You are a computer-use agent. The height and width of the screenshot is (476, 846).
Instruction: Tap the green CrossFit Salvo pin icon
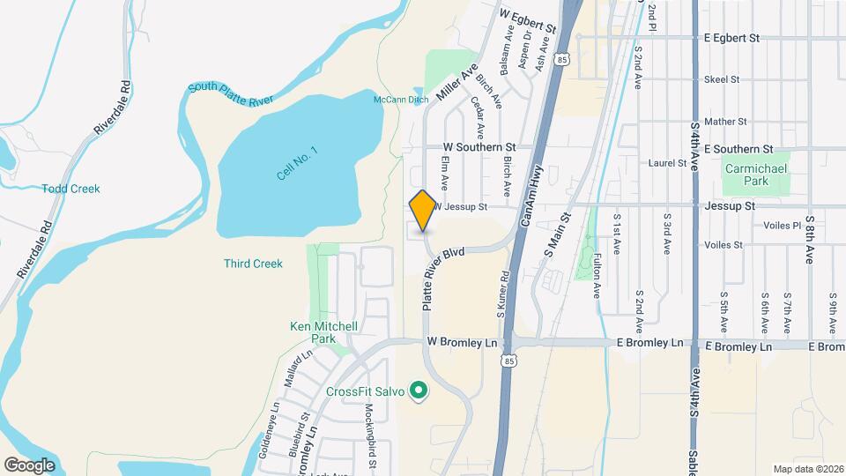[419, 390]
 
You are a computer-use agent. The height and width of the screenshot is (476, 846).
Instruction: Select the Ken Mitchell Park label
[324, 332]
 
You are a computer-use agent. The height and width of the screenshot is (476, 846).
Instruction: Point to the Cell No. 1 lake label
[296, 163]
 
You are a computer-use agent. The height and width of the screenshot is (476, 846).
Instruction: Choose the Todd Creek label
[71, 189]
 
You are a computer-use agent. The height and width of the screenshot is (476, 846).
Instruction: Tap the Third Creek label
[253, 264]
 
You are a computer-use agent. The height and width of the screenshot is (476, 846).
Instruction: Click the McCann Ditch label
[401, 100]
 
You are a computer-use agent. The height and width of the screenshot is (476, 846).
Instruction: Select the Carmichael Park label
[747, 175]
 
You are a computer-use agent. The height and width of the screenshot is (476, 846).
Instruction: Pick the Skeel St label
[721, 79]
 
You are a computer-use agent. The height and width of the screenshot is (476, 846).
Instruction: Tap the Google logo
[29, 465]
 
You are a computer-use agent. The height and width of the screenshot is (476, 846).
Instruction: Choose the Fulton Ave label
[597, 276]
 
